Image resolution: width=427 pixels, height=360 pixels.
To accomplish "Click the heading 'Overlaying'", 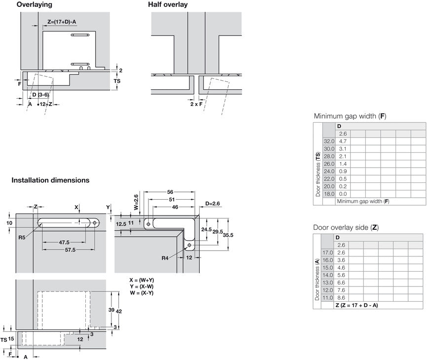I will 35,4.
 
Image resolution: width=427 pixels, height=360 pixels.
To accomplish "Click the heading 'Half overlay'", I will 168,4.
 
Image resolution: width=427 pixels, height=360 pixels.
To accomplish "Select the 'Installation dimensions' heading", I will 50,180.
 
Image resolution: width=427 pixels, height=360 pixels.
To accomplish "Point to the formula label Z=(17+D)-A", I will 65,21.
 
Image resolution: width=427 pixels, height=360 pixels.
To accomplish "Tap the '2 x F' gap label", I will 197,104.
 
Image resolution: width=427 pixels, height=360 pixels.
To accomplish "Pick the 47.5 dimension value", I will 64,242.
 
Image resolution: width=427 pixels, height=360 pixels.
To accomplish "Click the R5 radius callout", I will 22,237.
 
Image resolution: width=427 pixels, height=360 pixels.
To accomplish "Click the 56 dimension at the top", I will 170,192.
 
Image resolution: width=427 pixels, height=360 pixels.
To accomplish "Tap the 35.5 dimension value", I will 227,235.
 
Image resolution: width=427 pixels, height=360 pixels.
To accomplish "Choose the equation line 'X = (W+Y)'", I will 142,280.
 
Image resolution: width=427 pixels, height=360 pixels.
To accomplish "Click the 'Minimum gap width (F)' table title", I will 350,116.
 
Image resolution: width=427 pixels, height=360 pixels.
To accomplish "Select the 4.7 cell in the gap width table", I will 343,141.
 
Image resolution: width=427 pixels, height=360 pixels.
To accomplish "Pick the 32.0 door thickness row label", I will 329,141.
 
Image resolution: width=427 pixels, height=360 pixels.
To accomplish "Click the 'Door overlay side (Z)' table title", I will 346,227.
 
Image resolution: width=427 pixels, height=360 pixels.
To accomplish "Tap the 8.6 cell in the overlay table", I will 342,298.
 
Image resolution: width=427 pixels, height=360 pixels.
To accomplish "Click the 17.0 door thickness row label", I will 327,252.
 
